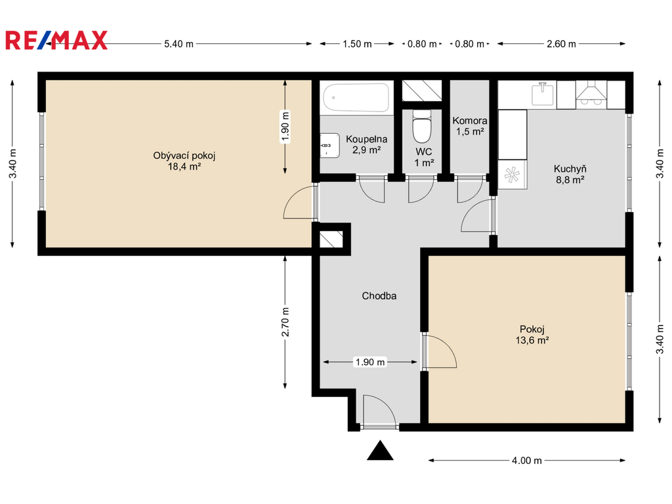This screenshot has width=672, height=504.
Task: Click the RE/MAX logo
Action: (x=56, y=40)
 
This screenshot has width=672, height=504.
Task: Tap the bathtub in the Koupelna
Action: (x=356, y=97)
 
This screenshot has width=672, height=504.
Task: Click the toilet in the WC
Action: (x=422, y=126)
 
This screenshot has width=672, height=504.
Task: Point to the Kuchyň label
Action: (x=570, y=169)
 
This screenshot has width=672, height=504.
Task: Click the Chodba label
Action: (x=379, y=296)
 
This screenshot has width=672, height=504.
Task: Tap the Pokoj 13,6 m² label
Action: (x=532, y=335)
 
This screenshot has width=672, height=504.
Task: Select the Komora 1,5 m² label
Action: (x=470, y=126)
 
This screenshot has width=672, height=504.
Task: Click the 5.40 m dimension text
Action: (x=178, y=44)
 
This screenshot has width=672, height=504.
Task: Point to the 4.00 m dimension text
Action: (x=527, y=460)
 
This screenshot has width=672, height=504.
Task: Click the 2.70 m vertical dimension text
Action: (x=285, y=322)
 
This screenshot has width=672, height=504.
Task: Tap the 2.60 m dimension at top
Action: (x=562, y=44)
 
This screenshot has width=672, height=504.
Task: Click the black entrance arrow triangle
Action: (x=380, y=450)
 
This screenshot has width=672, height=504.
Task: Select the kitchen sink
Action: (x=543, y=94)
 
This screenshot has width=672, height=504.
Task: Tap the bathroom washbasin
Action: (x=329, y=145)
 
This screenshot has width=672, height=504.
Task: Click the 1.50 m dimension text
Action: (x=358, y=44)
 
